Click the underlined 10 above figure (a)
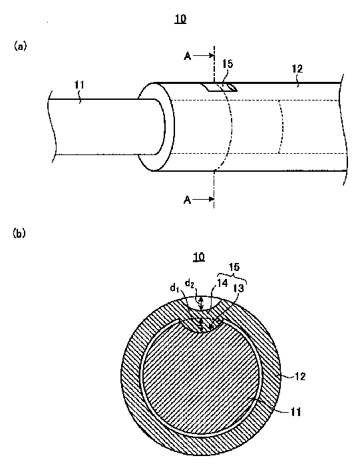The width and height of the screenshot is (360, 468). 180,19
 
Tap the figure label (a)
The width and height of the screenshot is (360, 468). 20,46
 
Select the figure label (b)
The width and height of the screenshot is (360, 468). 19,233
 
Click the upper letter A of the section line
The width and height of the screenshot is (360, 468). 187,56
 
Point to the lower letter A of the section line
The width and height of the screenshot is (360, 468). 187,200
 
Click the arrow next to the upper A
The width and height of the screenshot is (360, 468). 204,55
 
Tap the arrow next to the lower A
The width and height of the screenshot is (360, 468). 204,199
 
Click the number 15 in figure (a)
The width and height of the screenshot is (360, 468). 228,63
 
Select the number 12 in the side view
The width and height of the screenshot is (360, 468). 297,69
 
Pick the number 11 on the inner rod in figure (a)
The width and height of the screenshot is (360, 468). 79,85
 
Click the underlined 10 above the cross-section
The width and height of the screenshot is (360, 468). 199,257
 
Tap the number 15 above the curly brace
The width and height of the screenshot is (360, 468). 234,267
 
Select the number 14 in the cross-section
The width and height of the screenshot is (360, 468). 222,283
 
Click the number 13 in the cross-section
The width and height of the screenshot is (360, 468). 239,288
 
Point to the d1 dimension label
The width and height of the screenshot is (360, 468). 175,288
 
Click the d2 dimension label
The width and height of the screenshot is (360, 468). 190,283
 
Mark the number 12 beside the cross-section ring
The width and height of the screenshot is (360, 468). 300,376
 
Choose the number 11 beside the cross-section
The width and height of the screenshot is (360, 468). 295,412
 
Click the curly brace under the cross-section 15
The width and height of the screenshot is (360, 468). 232,276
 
